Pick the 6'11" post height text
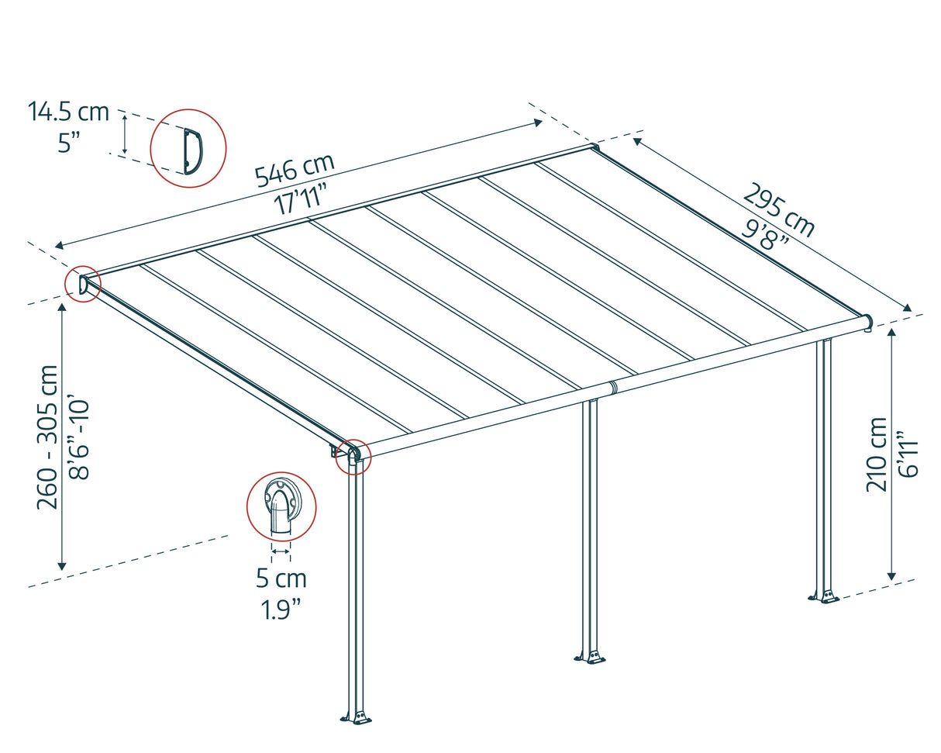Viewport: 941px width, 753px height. (908, 454)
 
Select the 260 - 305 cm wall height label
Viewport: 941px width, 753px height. (48, 437)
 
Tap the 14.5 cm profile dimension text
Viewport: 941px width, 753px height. (68, 112)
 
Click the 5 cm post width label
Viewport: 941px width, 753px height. (281, 579)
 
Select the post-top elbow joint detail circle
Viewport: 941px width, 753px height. (281, 506)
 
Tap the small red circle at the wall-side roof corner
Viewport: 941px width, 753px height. (82, 284)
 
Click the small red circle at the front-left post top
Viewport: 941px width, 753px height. (353, 454)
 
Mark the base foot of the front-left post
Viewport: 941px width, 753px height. (357, 717)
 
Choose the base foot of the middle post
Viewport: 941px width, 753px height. (591, 656)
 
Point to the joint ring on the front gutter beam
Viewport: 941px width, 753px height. (612, 386)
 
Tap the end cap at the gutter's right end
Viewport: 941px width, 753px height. (867, 320)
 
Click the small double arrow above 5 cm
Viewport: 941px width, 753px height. (281, 552)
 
